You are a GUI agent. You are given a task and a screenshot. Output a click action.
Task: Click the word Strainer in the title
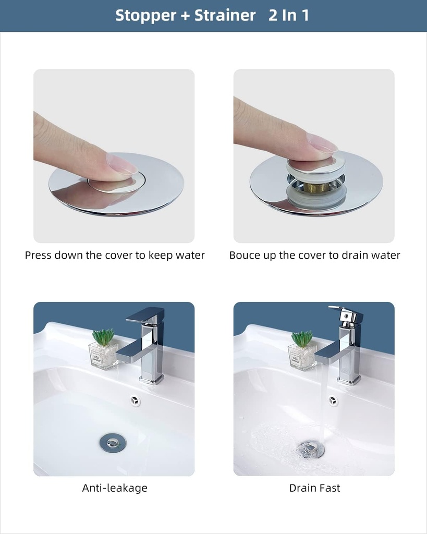pos(225,15)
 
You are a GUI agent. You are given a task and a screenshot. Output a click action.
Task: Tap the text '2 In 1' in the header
pos(289,15)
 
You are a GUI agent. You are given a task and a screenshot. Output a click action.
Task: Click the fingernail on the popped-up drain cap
pos(321,143)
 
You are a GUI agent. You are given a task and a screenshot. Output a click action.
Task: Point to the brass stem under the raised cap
pos(316,186)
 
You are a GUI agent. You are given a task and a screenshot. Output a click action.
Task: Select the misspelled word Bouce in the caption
pos(245,255)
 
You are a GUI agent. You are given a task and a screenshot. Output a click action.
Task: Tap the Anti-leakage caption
pos(115,488)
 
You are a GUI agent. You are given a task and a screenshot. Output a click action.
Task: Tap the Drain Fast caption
pos(314,488)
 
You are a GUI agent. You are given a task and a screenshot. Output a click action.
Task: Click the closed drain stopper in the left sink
pos(113,443)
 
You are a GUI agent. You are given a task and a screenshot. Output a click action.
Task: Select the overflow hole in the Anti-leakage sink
pos(135,400)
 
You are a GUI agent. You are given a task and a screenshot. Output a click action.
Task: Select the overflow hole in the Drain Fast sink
pos(334,400)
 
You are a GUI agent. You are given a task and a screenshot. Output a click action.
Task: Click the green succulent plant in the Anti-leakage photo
pos(104,337)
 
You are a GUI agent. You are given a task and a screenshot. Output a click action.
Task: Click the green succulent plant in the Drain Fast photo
pos(302,338)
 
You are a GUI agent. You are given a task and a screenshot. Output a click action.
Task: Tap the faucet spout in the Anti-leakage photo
pos(130,355)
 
